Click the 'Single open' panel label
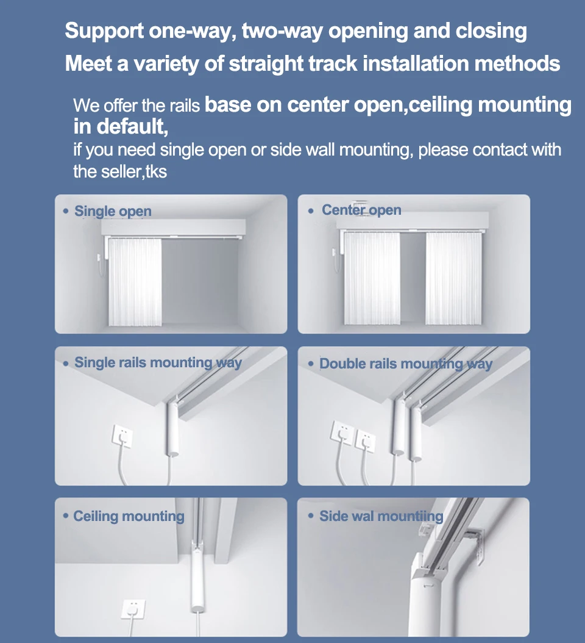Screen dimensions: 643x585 (113, 212)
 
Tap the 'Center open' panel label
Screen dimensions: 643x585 (361, 210)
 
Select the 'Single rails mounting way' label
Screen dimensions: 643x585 (158, 363)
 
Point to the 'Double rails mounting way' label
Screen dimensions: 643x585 (406, 364)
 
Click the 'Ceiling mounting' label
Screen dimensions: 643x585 (129, 517)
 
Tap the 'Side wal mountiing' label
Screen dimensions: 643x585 (381, 517)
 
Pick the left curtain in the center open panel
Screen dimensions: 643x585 (372, 278)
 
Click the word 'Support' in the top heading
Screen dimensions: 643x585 (104, 31)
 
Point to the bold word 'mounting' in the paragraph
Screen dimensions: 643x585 (525, 105)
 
